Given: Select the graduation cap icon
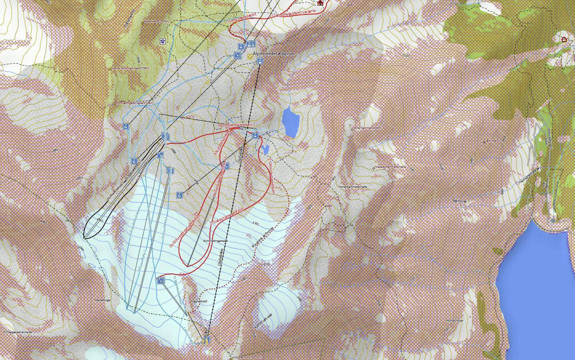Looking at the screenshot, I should (x=163, y=41).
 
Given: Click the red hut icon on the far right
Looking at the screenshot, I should (x=564, y=39).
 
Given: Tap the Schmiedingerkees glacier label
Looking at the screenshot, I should (x=215, y=241).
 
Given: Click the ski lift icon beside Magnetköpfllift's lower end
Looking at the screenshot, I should (x=161, y=281).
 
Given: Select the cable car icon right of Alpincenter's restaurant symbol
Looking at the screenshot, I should (x=260, y=61).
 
